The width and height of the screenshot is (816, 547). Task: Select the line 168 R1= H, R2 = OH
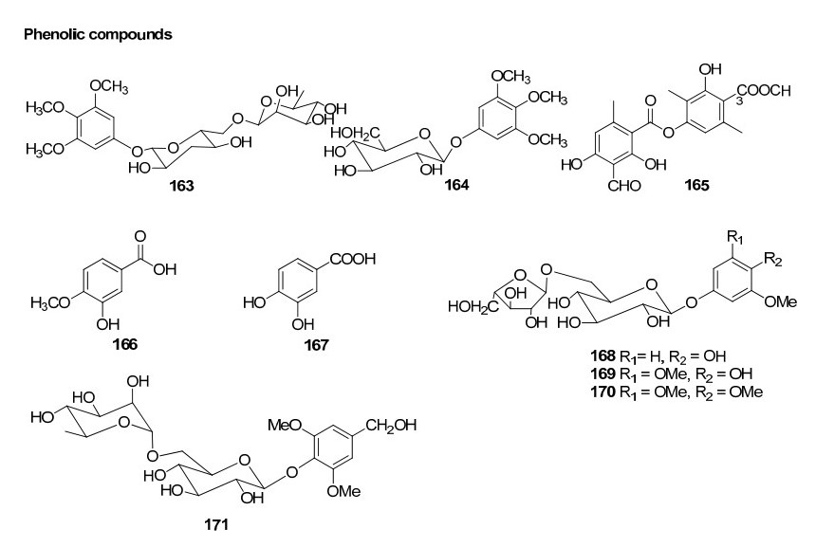coord(676,361)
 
